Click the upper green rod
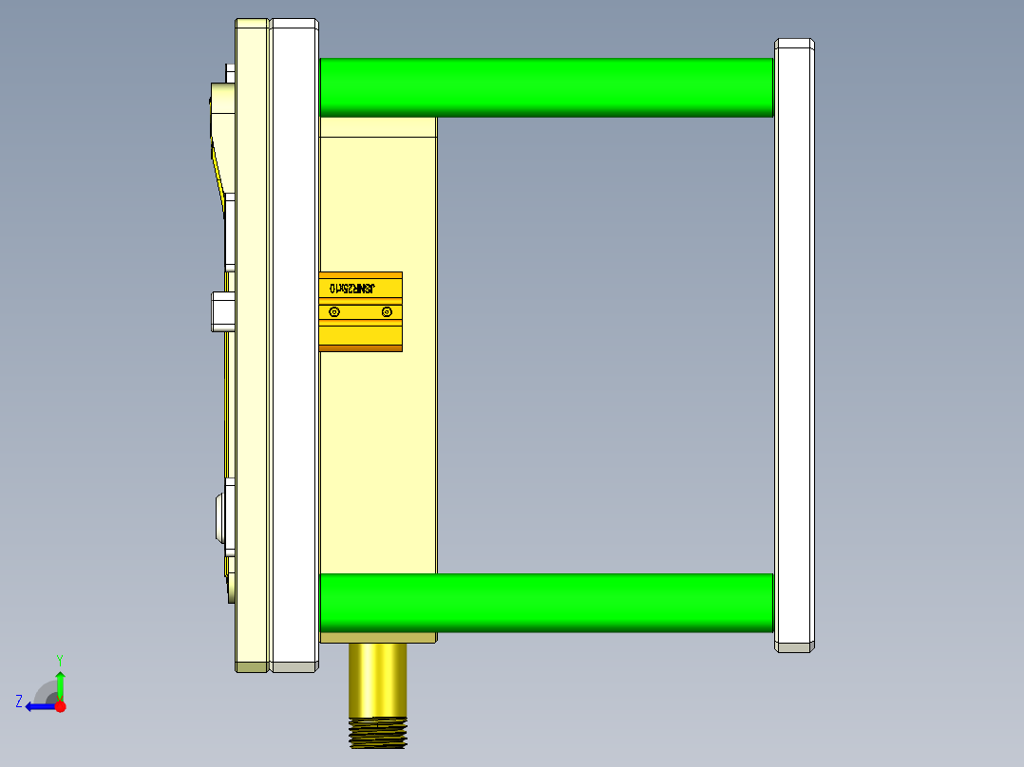(546, 87)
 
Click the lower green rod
(546, 603)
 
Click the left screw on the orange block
(333, 312)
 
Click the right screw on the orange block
(386, 312)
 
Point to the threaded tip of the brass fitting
(379, 733)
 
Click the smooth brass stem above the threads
(379, 680)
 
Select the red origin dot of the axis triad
(60, 706)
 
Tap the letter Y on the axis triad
(59, 659)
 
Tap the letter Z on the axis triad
(19, 702)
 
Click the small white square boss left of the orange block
(221, 311)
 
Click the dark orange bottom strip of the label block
(361, 347)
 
